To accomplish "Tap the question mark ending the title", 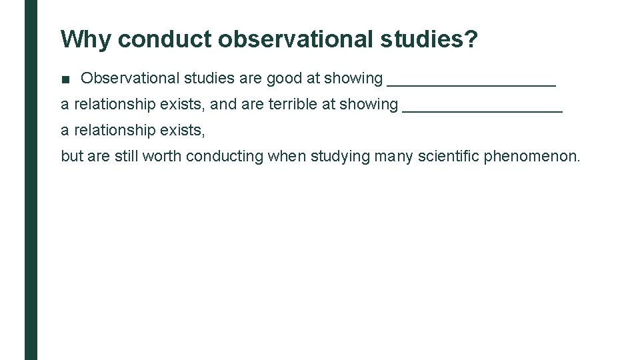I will pos(471,40).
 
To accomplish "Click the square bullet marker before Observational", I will pos(65,79).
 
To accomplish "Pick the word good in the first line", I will pos(284,79).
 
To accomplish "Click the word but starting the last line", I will pos(71,157).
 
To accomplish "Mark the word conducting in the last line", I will pos(225,157).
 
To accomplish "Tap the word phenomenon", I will pos(532,157).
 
